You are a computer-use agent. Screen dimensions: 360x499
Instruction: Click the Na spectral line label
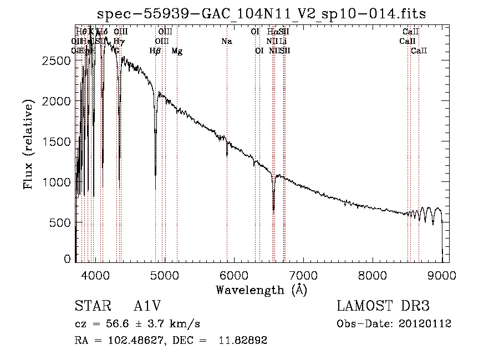click(x=226, y=42)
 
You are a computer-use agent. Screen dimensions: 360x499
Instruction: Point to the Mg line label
click(x=177, y=51)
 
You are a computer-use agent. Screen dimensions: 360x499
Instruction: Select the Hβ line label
click(x=155, y=51)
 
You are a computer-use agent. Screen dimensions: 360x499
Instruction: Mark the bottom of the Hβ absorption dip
click(x=155, y=189)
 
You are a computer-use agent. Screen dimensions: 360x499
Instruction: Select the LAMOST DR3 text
click(x=383, y=307)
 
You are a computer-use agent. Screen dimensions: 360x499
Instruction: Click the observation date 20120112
click(x=425, y=324)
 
